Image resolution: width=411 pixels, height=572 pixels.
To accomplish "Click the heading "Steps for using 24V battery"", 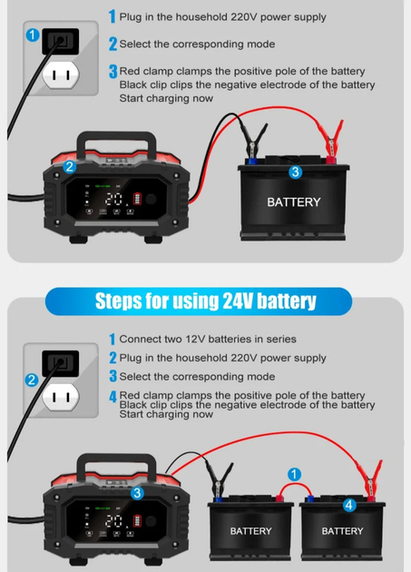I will click(x=205, y=301).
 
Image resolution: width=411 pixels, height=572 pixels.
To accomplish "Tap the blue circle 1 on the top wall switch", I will click(x=33, y=36).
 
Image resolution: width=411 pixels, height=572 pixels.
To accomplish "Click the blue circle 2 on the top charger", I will click(x=70, y=166).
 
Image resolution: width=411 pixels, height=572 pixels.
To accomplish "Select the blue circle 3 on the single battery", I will click(x=295, y=172).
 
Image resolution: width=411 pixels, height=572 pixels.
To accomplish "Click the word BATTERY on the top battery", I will click(x=293, y=202).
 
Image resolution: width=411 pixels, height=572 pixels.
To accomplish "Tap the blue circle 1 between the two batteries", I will click(x=293, y=473).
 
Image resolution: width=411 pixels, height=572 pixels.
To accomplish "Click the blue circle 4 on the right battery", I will click(x=349, y=506).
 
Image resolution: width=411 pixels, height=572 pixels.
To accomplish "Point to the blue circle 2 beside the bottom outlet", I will click(x=32, y=380).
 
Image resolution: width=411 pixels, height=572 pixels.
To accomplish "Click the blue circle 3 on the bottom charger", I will click(x=136, y=493).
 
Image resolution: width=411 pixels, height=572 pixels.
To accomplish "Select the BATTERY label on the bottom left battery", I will click(x=250, y=530).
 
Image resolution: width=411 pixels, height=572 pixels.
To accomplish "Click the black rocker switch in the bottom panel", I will click(x=62, y=362).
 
